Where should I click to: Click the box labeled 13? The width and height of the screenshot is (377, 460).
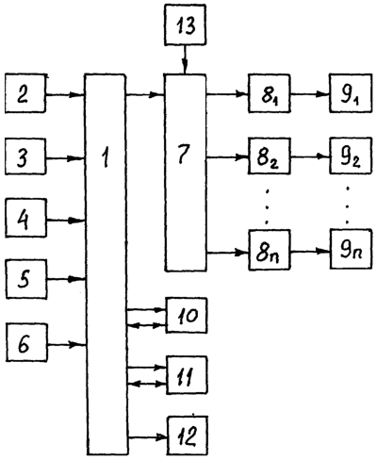coord(185,25)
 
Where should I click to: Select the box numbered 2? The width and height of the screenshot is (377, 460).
coord(25,93)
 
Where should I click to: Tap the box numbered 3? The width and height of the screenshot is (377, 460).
coord(25,156)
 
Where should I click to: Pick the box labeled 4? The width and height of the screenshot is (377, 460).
coord(26,218)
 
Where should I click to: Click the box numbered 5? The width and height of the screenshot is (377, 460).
coord(26,279)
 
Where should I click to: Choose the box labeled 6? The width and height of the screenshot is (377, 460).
coord(27,342)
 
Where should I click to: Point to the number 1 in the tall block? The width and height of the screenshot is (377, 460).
coord(106,157)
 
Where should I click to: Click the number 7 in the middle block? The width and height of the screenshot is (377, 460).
coord(184,155)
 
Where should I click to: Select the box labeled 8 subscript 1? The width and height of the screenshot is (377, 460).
coord(270,93)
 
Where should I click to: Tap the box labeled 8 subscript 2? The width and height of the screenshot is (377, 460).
coord(270,156)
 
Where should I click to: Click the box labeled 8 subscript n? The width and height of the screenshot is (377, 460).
coord(270,250)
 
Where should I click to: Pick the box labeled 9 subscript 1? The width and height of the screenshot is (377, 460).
coord(351,92)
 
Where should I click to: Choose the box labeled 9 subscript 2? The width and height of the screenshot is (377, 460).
coord(351,156)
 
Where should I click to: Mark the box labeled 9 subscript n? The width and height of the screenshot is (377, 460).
coord(352,249)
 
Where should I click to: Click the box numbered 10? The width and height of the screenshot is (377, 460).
coord(187,315)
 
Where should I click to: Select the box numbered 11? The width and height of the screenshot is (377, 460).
coord(187,375)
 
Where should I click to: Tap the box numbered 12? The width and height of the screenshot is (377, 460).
coord(188,435)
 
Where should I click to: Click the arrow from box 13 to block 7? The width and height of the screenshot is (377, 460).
coord(185,59)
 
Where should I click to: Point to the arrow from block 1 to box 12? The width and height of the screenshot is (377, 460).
coord(147,437)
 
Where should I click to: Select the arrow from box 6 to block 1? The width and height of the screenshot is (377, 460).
coord(67,345)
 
